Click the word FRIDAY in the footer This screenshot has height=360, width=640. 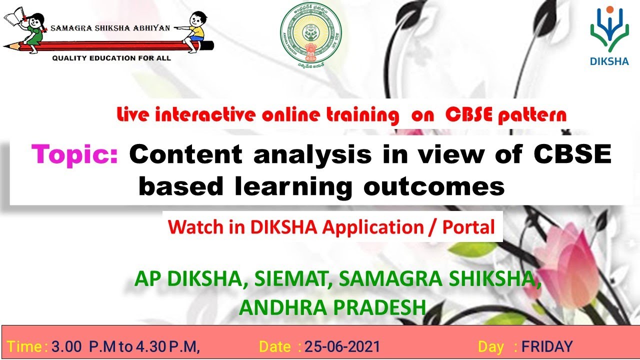547,346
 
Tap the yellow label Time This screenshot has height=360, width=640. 25,346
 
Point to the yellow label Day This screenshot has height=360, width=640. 490,346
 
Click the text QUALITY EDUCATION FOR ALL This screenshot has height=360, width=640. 111,58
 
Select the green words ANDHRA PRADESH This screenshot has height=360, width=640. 332,307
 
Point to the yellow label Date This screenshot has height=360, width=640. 274,346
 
